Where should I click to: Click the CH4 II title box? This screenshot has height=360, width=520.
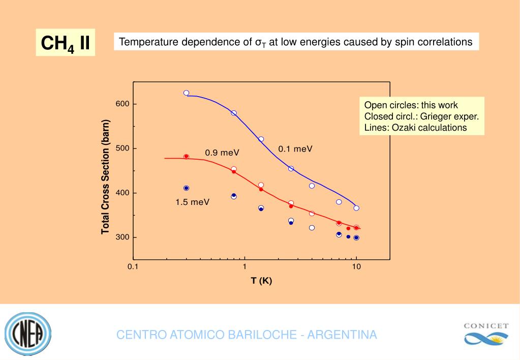[x=65, y=43]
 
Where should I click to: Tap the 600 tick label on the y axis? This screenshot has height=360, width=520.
[x=123, y=104]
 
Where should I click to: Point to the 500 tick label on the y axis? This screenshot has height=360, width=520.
[x=123, y=148]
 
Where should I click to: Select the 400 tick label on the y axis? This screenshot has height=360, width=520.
[x=123, y=193]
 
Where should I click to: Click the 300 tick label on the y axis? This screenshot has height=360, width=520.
[x=123, y=237]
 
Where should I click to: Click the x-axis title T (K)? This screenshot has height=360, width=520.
[x=261, y=281]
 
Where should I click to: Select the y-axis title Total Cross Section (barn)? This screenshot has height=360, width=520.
[x=106, y=177]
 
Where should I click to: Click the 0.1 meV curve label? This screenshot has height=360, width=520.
[x=295, y=149]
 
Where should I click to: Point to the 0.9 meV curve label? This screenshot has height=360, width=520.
[x=222, y=153]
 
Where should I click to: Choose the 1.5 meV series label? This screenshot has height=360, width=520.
[x=192, y=202]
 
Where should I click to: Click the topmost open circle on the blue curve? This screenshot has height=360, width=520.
[x=186, y=93]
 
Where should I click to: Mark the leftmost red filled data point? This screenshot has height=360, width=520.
[x=186, y=157]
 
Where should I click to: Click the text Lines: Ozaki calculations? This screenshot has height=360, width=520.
[x=415, y=128]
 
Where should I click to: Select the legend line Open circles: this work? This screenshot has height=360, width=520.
[x=411, y=105]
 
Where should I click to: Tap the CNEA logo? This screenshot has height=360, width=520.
[x=28, y=335]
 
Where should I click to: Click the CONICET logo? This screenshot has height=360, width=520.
[x=486, y=334]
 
